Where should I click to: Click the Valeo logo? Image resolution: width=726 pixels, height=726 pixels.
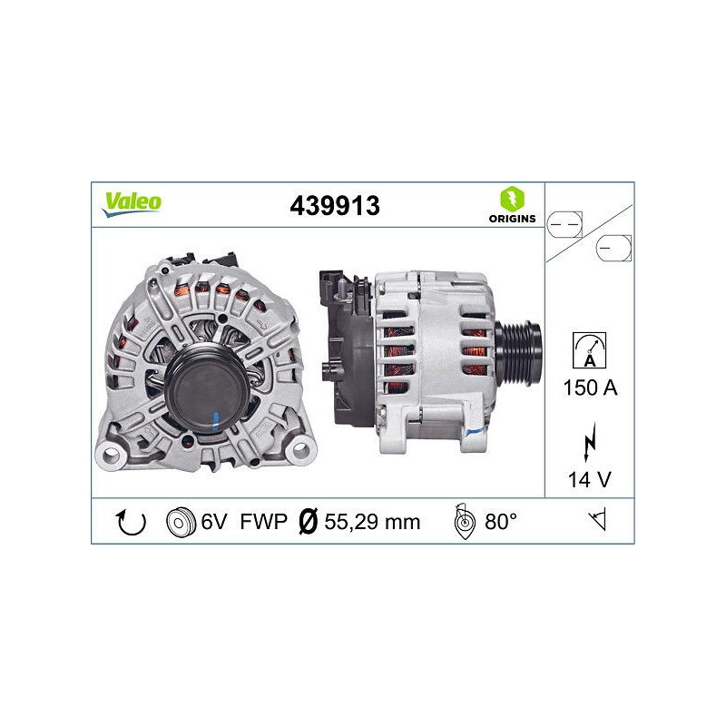coord(132,202)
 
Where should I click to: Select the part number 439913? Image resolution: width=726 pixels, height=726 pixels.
coord(334,206)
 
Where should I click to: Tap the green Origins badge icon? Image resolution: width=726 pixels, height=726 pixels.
coord(510,198)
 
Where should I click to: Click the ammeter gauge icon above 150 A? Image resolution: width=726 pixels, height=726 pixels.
coord(589,348)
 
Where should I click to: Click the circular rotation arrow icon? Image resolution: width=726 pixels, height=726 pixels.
coord(132,522)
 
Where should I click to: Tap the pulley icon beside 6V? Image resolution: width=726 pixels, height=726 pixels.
coord(181,522)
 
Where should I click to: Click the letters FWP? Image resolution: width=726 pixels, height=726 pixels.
coord(263,522)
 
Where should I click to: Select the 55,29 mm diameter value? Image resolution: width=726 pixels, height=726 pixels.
coord(373,522)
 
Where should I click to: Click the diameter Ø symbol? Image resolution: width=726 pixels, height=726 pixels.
coord(308,522)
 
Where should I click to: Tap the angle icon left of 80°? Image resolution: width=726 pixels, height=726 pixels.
coord(463,522)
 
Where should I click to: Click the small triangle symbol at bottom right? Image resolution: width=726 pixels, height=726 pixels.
coord(597,521)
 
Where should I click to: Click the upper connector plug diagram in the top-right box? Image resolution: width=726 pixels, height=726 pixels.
coord(567,221)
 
